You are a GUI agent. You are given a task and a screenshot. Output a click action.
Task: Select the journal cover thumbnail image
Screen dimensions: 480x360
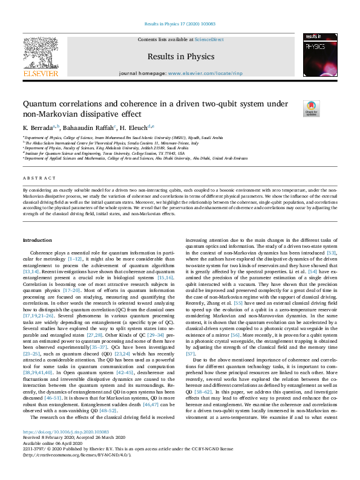click(319, 56)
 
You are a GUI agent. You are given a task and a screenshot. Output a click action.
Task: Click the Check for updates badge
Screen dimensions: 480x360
click(295, 109)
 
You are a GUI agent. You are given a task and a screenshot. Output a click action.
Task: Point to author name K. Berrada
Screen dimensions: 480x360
click(38, 128)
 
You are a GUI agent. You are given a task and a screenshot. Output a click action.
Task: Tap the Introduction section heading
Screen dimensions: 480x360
click(38, 240)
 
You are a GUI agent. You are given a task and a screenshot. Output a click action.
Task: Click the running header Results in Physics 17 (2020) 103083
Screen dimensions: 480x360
click(180, 24)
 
